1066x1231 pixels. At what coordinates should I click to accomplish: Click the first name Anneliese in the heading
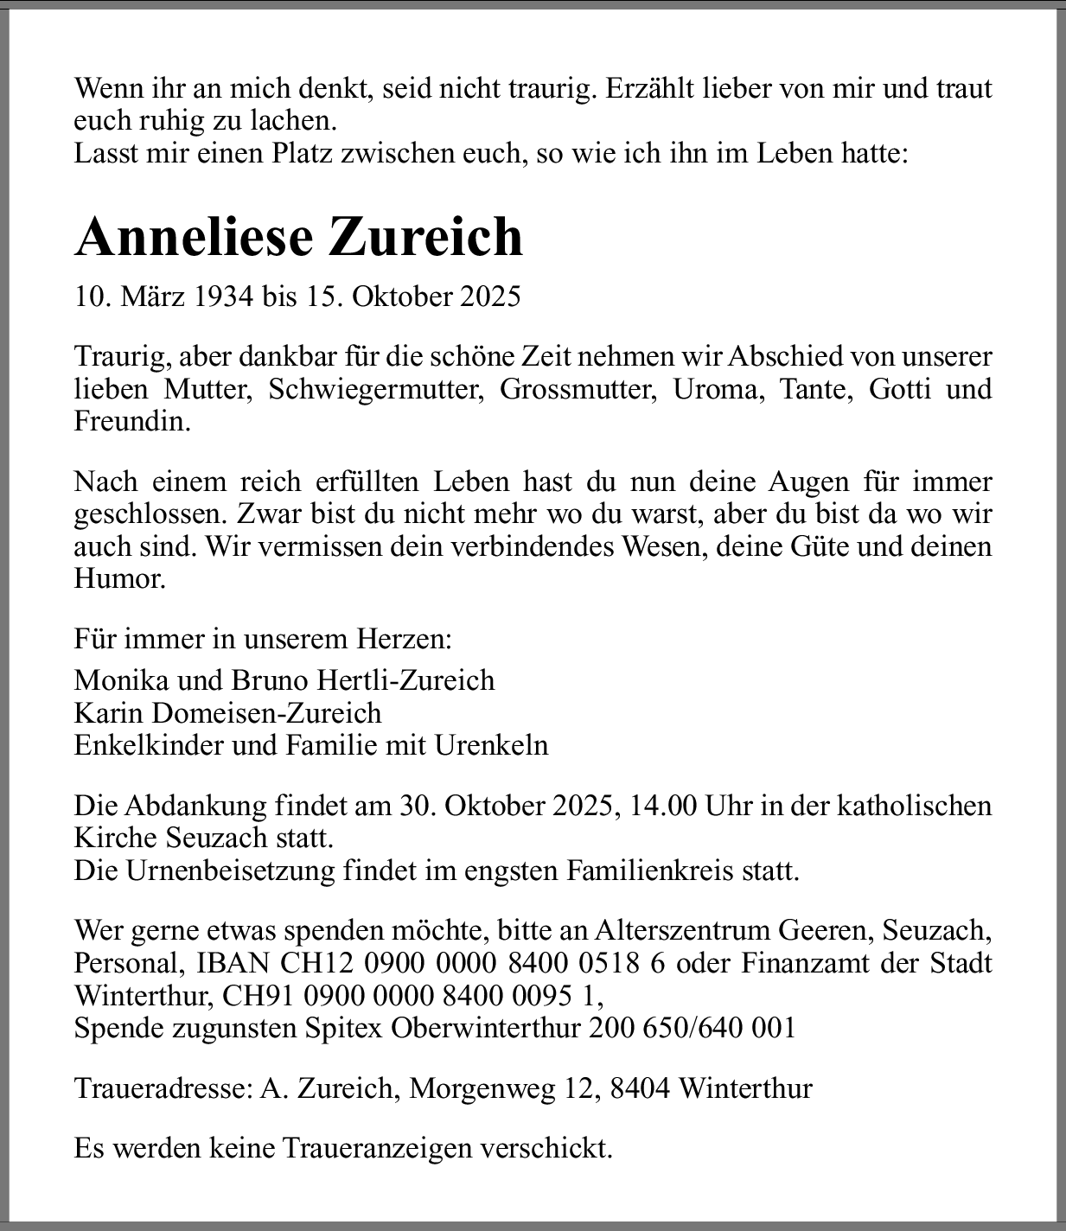click(193, 236)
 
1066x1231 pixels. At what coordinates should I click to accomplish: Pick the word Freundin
click(131, 422)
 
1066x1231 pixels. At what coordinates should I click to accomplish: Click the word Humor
click(119, 578)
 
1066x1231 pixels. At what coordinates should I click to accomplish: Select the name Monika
click(122, 679)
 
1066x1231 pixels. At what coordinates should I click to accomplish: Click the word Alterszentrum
click(682, 930)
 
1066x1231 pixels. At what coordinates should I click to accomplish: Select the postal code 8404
click(640, 1087)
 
